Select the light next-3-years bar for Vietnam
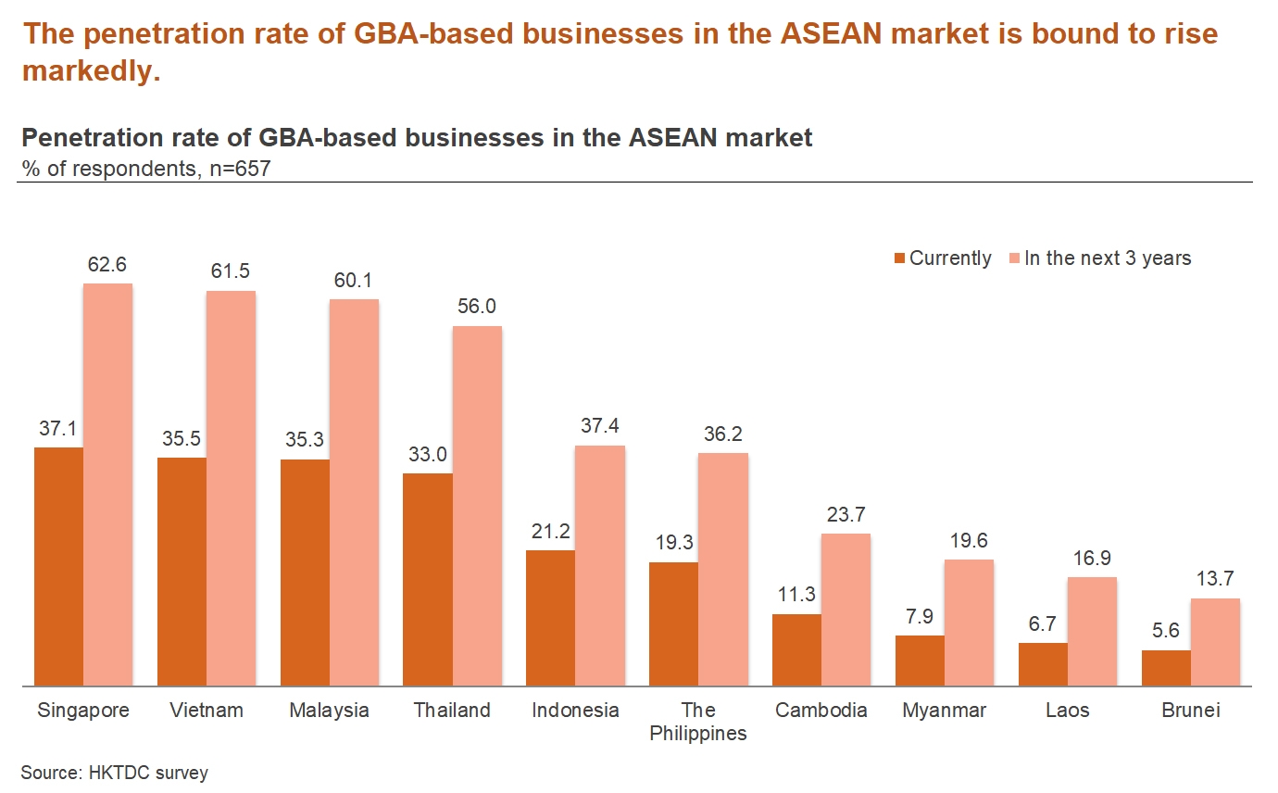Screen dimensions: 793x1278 (231, 488)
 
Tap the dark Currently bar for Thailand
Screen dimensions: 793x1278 (428, 580)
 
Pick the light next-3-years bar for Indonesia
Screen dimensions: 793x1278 (600, 566)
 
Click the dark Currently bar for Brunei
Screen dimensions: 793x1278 (1166, 668)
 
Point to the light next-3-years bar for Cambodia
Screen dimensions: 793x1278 (846, 610)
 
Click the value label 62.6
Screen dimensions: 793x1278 (107, 265)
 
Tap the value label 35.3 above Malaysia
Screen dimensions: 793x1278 (305, 439)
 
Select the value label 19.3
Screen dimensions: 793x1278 (673, 543)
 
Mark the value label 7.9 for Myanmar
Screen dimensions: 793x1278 (920, 616)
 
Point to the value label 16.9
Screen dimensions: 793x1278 (1092, 558)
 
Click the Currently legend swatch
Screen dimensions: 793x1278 (899, 258)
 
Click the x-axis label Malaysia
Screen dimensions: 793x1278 (329, 711)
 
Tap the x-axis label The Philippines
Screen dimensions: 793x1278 (698, 722)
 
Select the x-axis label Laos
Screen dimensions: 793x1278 (1067, 711)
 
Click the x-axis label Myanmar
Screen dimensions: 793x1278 (944, 711)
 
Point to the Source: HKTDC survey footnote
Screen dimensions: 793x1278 (114, 773)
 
